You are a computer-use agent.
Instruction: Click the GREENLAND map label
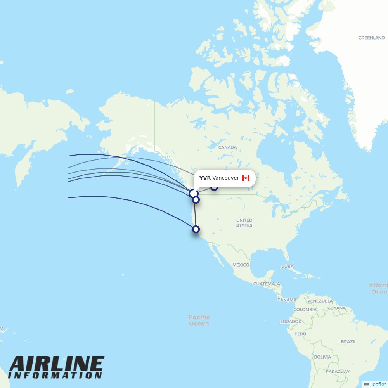click(371, 38)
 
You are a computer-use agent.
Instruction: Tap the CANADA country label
click(227, 147)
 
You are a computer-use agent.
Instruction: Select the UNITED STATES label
click(244, 223)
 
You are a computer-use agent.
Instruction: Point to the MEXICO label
click(241, 265)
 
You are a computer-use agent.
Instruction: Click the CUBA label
click(288, 267)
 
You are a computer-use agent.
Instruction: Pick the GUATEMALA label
click(267, 284)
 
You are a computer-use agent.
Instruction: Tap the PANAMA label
click(287, 300)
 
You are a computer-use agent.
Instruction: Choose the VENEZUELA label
click(320, 301)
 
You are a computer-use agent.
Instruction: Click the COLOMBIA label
click(305, 310)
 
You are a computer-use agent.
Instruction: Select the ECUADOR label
click(291, 322)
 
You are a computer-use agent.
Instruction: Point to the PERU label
click(300, 334)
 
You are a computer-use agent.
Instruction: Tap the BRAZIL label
click(348, 341)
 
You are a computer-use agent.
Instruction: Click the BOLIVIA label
click(322, 357)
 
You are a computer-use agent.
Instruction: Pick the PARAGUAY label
click(338, 372)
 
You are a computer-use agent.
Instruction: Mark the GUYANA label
click(336, 308)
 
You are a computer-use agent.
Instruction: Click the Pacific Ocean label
click(199, 320)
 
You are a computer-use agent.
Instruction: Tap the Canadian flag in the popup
click(246, 178)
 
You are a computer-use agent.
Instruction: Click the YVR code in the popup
click(205, 178)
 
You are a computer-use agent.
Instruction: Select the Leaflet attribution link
click(378, 384)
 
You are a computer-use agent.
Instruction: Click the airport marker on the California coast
click(196, 229)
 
